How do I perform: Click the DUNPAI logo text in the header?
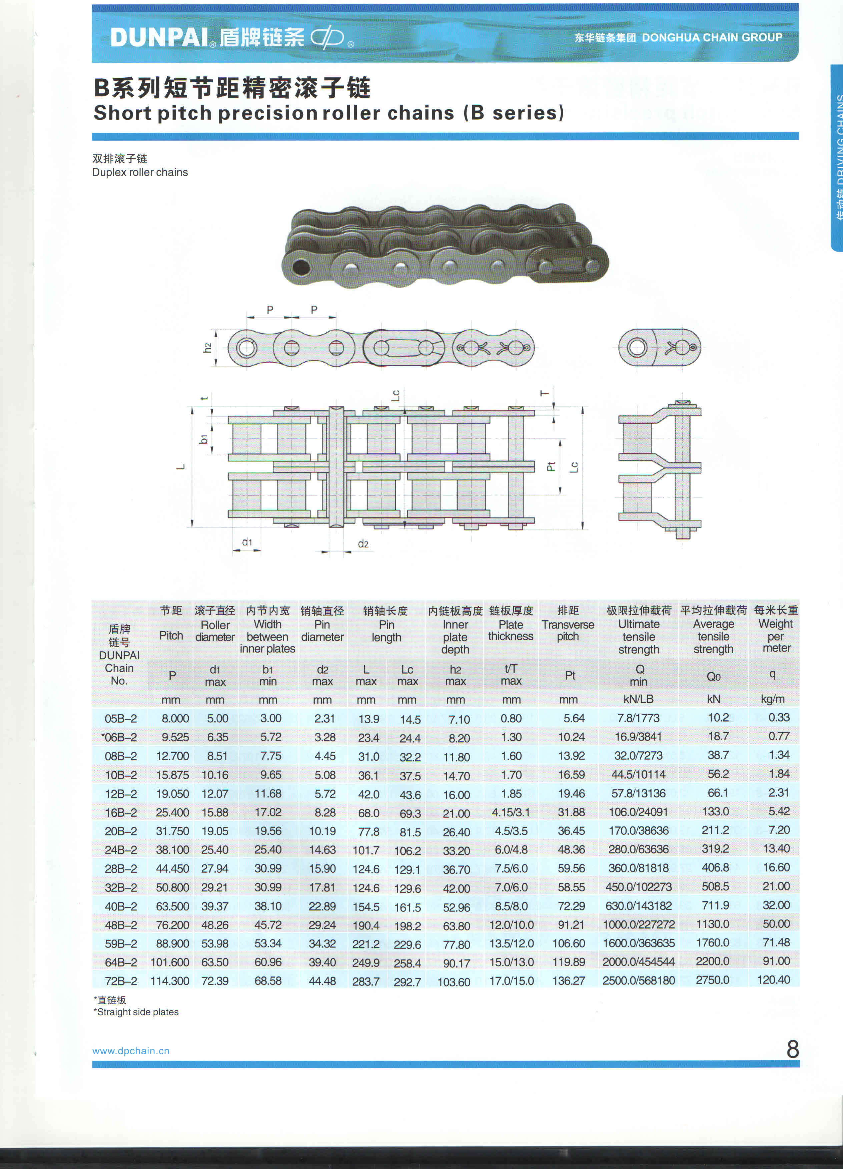pos(159,38)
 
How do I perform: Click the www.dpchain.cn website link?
pos(131,1051)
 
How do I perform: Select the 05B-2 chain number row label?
pos(121,719)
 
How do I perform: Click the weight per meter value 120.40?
pos(773,980)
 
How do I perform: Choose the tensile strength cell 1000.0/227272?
pos(639,925)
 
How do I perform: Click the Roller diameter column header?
pos(215,631)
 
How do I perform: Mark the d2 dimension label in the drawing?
pos(363,544)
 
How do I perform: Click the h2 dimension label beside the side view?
pos(207,348)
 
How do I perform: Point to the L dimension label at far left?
pos(181,467)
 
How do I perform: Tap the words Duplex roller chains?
pos(140,172)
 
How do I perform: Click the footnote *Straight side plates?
pos(136,1012)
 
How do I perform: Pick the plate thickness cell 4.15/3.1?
pos(510,813)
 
